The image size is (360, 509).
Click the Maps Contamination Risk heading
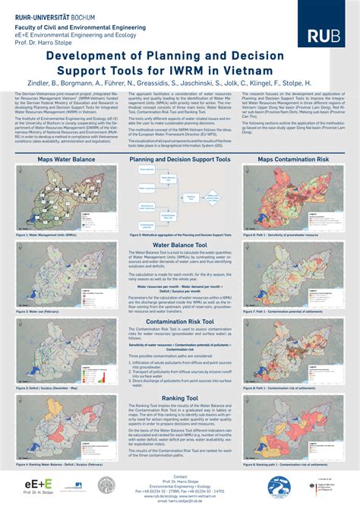coord(292,160)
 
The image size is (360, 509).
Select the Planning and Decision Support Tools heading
coord(179,160)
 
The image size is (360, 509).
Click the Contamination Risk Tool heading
coord(179,300)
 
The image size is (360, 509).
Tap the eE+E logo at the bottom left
coord(37,483)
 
